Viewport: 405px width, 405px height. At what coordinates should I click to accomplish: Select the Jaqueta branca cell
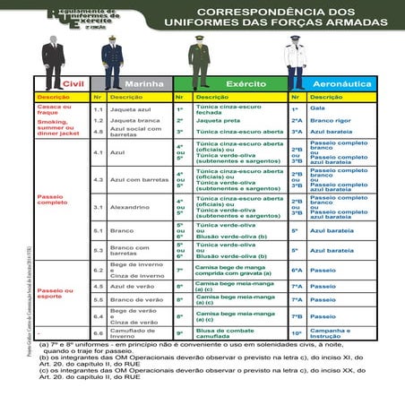[x=130, y=119]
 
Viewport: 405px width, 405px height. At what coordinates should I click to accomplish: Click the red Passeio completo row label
[x=53, y=199]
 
